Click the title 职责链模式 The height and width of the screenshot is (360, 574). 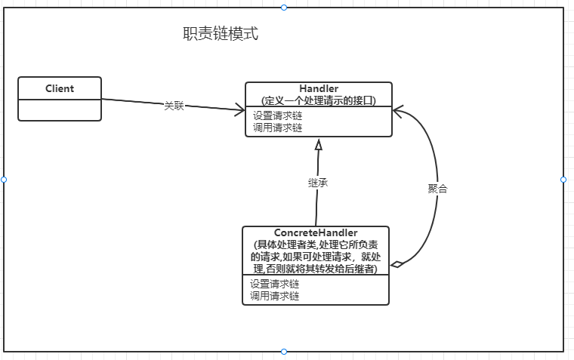(221, 34)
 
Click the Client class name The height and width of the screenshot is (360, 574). (60, 88)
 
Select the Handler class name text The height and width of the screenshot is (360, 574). (318, 89)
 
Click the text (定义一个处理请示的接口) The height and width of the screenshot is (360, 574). (318, 100)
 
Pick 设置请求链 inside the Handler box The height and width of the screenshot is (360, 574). (277, 116)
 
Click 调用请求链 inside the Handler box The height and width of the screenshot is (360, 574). (277, 128)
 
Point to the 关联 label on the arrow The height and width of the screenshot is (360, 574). (174, 106)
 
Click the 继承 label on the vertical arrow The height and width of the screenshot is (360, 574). (318, 183)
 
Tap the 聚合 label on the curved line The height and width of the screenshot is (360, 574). (437, 189)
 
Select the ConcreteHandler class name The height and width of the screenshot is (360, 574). (316, 233)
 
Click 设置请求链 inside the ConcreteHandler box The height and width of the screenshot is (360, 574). (275, 285)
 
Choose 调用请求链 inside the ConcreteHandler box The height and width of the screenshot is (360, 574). (275, 296)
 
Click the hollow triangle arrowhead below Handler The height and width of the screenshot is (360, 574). (319, 145)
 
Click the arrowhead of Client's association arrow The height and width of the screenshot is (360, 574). (241, 110)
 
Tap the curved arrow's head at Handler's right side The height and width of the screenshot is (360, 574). (397, 109)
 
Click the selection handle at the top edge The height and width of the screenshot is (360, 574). (284, 7)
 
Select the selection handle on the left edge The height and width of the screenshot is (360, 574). (4, 180)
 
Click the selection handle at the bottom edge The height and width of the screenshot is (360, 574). (284, 352)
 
